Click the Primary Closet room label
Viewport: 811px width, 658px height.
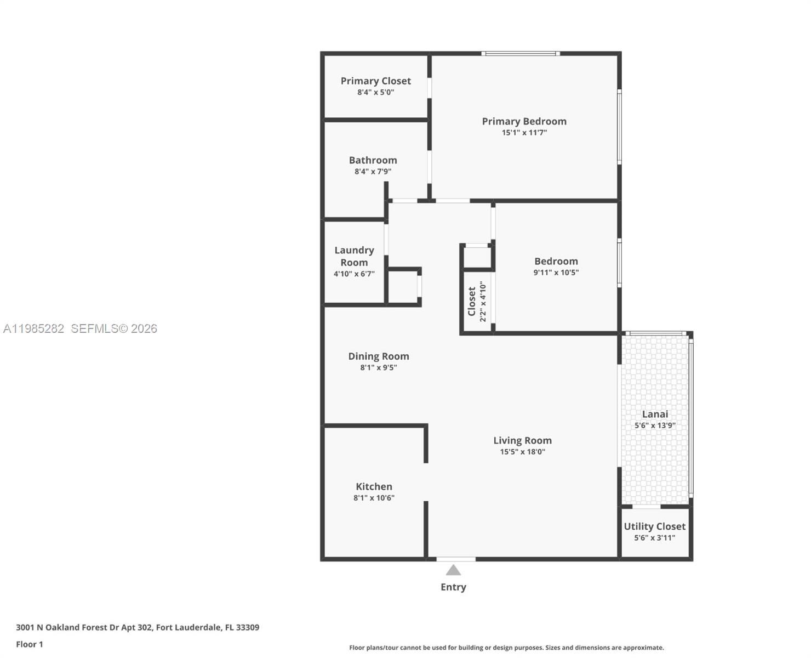[x=375, y=81]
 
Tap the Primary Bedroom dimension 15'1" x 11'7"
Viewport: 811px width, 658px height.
[x=524, y=133]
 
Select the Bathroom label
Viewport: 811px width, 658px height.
[x=373, y=160]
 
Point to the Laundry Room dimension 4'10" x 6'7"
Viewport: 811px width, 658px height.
[x=354, y=274]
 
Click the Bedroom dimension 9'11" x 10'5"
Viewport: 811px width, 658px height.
[x=556, y=273]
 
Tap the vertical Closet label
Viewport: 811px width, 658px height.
[x=471, y=301]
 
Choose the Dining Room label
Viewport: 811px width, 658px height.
[x=378, y=356]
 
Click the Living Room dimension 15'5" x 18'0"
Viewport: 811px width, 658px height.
[x=522, y=452]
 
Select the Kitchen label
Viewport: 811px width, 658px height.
[x=374, y=486]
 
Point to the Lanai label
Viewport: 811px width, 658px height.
[x=655, y=414]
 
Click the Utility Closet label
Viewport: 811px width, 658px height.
[x=654, y=526]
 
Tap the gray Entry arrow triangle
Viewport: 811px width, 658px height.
[x=453, y=570]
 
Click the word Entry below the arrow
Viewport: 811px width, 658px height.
[x=453, y=587]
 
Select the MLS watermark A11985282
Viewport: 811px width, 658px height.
[x=34, y=328]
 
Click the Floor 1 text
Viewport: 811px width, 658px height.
[x=30, y=644]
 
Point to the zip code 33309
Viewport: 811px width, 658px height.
[x=247, y=627]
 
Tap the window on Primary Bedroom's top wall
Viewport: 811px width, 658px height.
[x=521, y=54]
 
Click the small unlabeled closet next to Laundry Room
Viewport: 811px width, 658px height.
[x=404, y=286]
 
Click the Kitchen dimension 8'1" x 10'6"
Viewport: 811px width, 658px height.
[x=374, y=498]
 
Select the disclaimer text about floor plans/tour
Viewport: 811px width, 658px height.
[x=506, y=648]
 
